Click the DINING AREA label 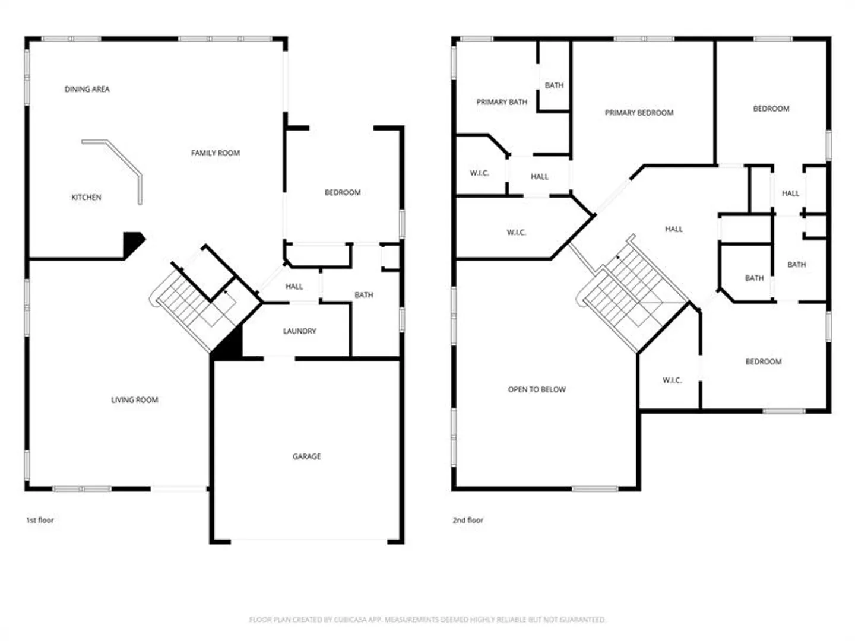87,89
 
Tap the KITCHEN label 86,197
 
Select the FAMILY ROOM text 216,153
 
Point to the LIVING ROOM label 134,399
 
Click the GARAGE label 306,456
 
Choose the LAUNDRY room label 299,331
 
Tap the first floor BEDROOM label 343,192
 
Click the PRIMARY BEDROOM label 639,113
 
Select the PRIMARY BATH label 502,102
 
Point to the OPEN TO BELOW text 537,389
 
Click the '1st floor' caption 40,520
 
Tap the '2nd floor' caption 467,520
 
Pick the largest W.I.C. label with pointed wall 517,233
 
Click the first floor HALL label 294,287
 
